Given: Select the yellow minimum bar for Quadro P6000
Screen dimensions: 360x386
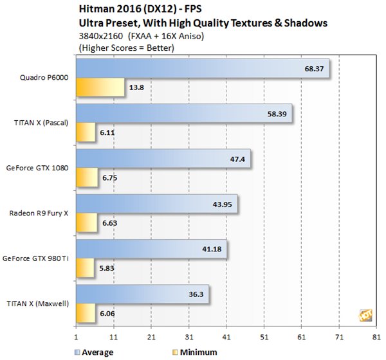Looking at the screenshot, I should (x=100, y=86).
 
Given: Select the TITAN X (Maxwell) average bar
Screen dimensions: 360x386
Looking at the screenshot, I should (x=142, y=295).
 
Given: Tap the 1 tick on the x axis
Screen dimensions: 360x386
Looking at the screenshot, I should (x=77, y=337).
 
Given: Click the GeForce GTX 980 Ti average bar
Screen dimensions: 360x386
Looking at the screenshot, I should (x=151, y=249).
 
